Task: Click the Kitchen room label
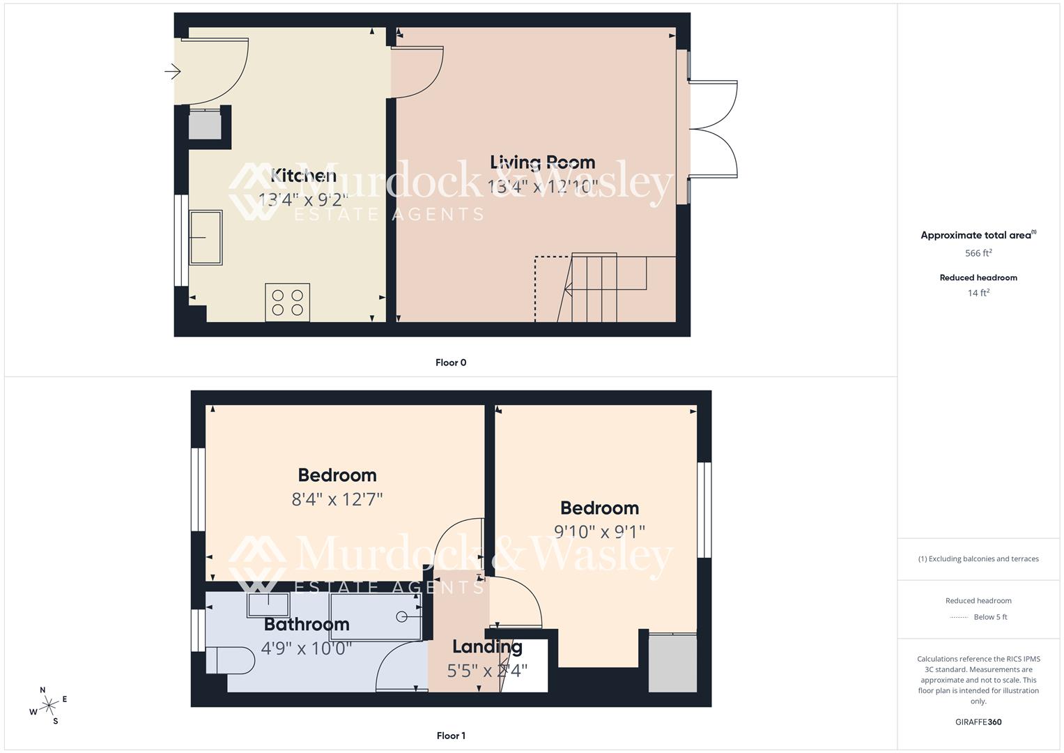coord(303,176)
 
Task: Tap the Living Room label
coord(542,162)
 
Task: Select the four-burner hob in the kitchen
coord(287,303)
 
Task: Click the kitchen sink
coord(206,238)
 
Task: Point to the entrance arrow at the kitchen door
coord(173,71)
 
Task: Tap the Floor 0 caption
coord(451,363)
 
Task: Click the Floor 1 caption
coord(451,736)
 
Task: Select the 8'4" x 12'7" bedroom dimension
coord(337,499)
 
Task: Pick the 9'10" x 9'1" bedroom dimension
coord(599,532)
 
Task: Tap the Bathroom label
coord(307,624)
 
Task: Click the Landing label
coord(487,647)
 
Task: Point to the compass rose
coord(49,706)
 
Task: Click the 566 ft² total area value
coord(978,253)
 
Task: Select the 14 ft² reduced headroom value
coord(978,293)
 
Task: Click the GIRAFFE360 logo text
coord(978,722)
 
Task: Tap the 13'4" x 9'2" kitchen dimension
coord(303,200)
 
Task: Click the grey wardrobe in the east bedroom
coord(672,663)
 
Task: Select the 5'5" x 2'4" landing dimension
coord(487,671)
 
